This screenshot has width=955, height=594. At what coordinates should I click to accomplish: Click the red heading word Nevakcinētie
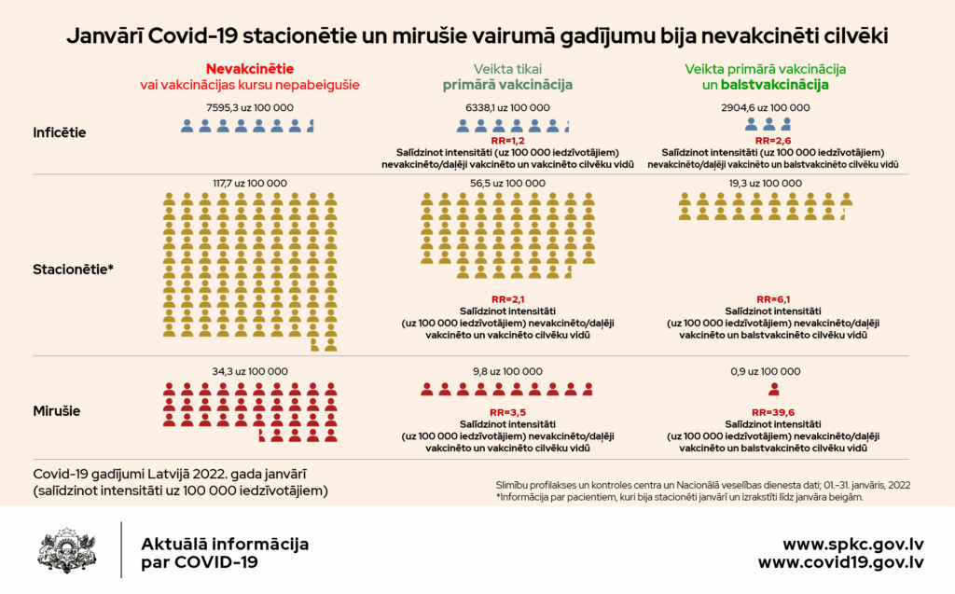pos(249,69)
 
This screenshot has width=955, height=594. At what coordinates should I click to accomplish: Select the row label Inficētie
pos(60,132)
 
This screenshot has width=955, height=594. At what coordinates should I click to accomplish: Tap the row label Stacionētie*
pos(73,269)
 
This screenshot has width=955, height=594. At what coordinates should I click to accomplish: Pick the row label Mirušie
pos(57,409)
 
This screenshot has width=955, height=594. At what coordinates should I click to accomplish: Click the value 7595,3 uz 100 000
pos(249,107)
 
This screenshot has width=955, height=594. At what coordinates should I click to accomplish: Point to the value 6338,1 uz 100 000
pos(507,107)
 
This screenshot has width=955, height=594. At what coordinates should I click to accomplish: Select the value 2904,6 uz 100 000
pos(766,107)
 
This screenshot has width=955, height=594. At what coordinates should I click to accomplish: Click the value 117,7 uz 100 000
pos(249,183)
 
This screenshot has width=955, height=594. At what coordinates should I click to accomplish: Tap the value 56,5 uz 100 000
pos(507,183)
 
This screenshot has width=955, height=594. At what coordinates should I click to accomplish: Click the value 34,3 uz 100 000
pos(249,371)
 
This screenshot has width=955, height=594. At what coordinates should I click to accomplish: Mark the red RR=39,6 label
pos(773,412)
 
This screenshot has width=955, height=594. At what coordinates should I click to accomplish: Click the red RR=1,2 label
pos(507,140)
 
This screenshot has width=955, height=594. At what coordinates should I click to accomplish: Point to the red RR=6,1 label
pos(773,298)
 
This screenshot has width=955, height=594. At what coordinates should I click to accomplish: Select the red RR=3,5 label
pos(507,412)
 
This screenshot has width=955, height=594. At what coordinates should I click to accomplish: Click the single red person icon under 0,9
pos(773,390)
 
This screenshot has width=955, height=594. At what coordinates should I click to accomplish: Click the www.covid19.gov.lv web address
pos(840,562)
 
